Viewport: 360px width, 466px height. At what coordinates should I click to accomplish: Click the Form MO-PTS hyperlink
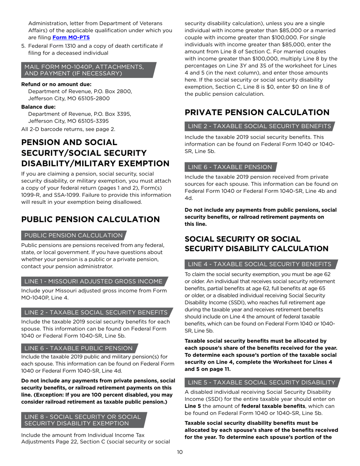(71, 38)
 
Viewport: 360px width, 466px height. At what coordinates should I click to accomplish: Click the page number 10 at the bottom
(180, 452)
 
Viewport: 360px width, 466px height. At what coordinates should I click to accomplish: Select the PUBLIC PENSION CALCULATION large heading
(91, 220)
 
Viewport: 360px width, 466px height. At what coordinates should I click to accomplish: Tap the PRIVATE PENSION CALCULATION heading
(257, 113)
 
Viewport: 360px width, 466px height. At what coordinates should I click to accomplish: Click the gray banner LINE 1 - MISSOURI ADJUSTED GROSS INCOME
(94, 281)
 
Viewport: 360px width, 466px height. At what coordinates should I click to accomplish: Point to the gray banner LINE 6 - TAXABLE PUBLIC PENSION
(78, 348)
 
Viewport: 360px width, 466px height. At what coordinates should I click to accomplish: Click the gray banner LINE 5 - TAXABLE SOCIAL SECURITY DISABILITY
(261, 382)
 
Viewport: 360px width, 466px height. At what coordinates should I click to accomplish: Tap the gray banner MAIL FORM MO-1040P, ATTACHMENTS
(84, 67)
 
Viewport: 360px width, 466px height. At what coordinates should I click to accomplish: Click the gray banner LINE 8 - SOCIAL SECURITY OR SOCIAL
(83, 417)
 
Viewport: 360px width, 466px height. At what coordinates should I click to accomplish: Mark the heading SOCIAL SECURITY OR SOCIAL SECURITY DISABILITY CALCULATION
(256, 244)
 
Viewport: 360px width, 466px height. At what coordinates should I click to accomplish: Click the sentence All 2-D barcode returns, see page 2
(68, 129)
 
